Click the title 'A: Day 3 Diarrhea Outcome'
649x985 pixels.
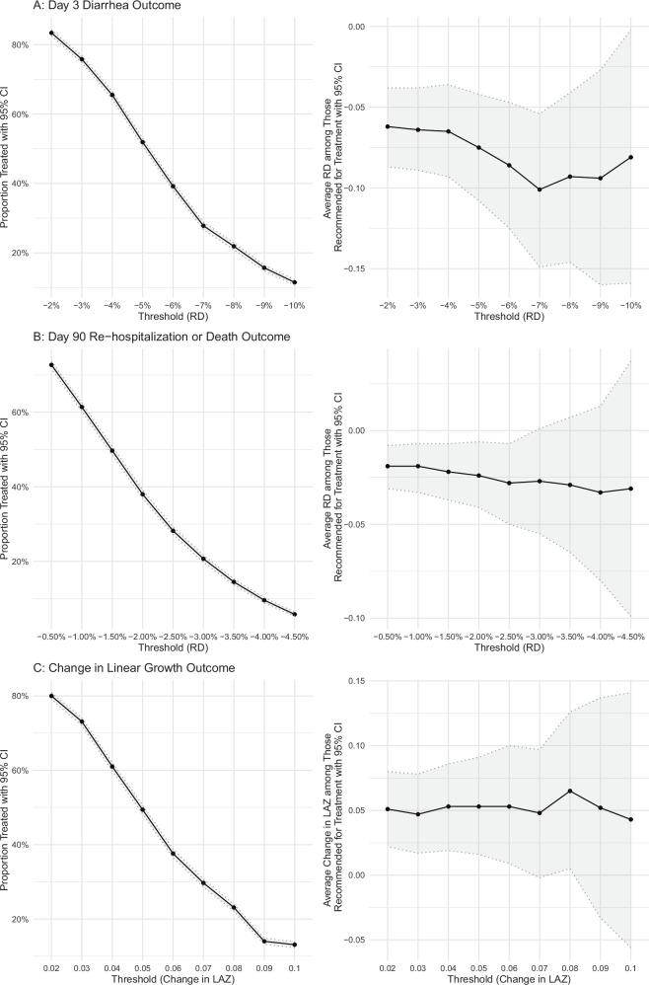(x=69, y=7)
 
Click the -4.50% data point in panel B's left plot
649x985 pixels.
(x=294, y=614)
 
